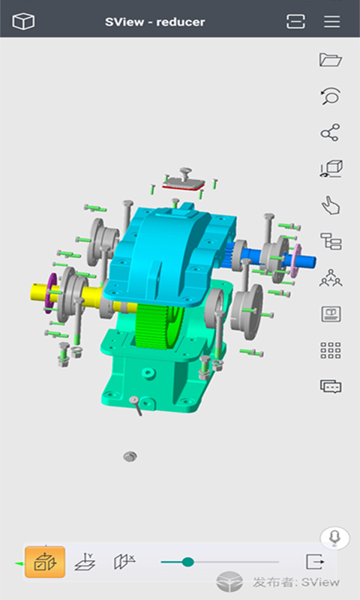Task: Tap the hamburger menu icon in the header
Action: point(331,22)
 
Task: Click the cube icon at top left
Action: point(24,22)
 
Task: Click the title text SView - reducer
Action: point(154,22)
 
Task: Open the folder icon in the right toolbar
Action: point(330,59)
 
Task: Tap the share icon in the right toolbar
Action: point(330,133)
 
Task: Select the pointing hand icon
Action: point(330,204)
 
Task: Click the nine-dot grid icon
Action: point(330,350)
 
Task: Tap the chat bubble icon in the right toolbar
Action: point(330,386)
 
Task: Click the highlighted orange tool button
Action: point(45,562)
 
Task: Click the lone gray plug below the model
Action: point(130,456)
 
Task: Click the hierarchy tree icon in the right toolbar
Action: point(330,241)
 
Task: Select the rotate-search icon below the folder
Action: point(330,96)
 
